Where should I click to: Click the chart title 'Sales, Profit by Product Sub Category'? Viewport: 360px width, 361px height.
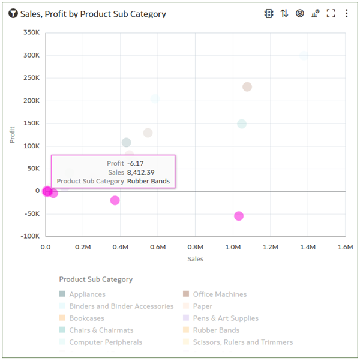(x=93, y=14)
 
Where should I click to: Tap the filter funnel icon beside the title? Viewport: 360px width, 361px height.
(x=13, y=14)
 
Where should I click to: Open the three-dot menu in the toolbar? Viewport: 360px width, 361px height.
(x=346, y=13)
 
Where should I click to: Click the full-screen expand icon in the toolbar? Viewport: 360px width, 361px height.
(x=331, y=13)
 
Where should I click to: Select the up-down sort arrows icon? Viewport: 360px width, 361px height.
(x=284, y=13)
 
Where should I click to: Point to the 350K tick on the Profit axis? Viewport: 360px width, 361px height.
(x=31, y=32)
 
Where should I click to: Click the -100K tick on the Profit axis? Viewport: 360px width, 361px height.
(x=29, y=236)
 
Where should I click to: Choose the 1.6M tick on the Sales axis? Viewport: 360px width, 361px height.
(x=345, y=247)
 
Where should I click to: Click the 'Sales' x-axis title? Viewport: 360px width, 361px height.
(x=195, y=259)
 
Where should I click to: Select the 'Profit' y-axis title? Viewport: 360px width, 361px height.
(x=13, y=134)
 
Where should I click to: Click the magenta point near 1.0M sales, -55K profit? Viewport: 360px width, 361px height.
(x=239, y=216)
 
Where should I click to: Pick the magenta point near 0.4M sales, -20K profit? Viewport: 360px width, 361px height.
(x=115, y=200)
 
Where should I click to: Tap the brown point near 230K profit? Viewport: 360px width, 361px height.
(x=247, y=87)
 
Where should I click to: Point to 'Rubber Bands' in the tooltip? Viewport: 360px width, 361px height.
(x=148, y=181)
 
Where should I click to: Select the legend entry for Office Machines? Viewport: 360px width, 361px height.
(x=219, y=294)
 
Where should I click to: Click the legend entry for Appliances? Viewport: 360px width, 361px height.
(x=86, y=294)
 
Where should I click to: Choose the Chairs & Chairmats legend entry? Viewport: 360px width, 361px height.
(x=101, y=330)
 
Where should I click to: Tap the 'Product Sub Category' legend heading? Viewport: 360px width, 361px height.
(x=95, y=279)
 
